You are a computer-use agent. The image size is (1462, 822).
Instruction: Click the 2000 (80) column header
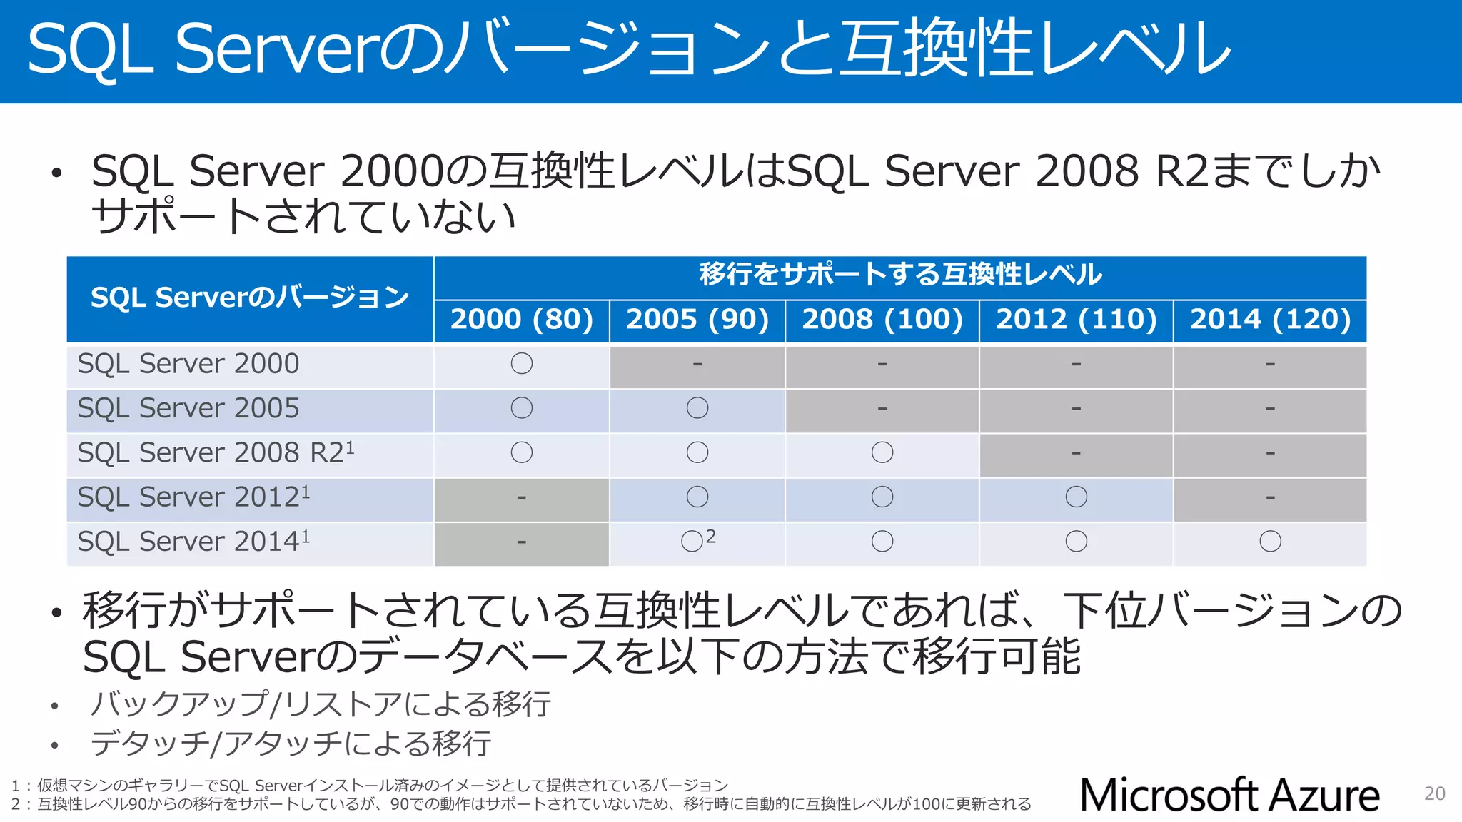(522, 320)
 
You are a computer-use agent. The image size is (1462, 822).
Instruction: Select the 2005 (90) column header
(697, 320)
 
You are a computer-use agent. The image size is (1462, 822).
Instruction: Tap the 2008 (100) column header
(882, 320)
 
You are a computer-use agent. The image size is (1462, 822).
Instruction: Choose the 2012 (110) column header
(1077, 320)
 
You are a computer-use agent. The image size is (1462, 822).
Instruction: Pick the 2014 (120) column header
(1271, 320)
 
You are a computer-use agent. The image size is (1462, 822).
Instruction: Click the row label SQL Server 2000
(188, 365)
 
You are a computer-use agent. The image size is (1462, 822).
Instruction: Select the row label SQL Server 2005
(188, 409)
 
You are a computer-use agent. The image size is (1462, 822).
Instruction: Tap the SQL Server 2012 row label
(193, 497)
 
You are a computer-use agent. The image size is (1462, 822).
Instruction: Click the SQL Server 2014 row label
(193, 542)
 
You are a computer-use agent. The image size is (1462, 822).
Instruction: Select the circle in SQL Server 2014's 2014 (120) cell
(1271, 542)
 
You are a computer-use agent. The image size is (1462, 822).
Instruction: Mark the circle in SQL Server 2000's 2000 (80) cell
(522, 364)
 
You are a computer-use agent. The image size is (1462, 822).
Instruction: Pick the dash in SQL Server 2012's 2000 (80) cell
(522, 497)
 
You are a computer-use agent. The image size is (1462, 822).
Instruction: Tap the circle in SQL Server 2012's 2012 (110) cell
(1077, 497)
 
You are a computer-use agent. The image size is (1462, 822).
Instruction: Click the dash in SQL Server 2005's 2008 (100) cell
(882, 409)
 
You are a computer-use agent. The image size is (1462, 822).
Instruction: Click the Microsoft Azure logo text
(1229, 796)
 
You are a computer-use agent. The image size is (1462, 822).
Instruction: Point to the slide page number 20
(1434, 793)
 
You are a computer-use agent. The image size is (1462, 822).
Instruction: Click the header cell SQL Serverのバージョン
(250, 298)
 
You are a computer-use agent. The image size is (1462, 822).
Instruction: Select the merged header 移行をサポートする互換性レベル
(900, 275)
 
